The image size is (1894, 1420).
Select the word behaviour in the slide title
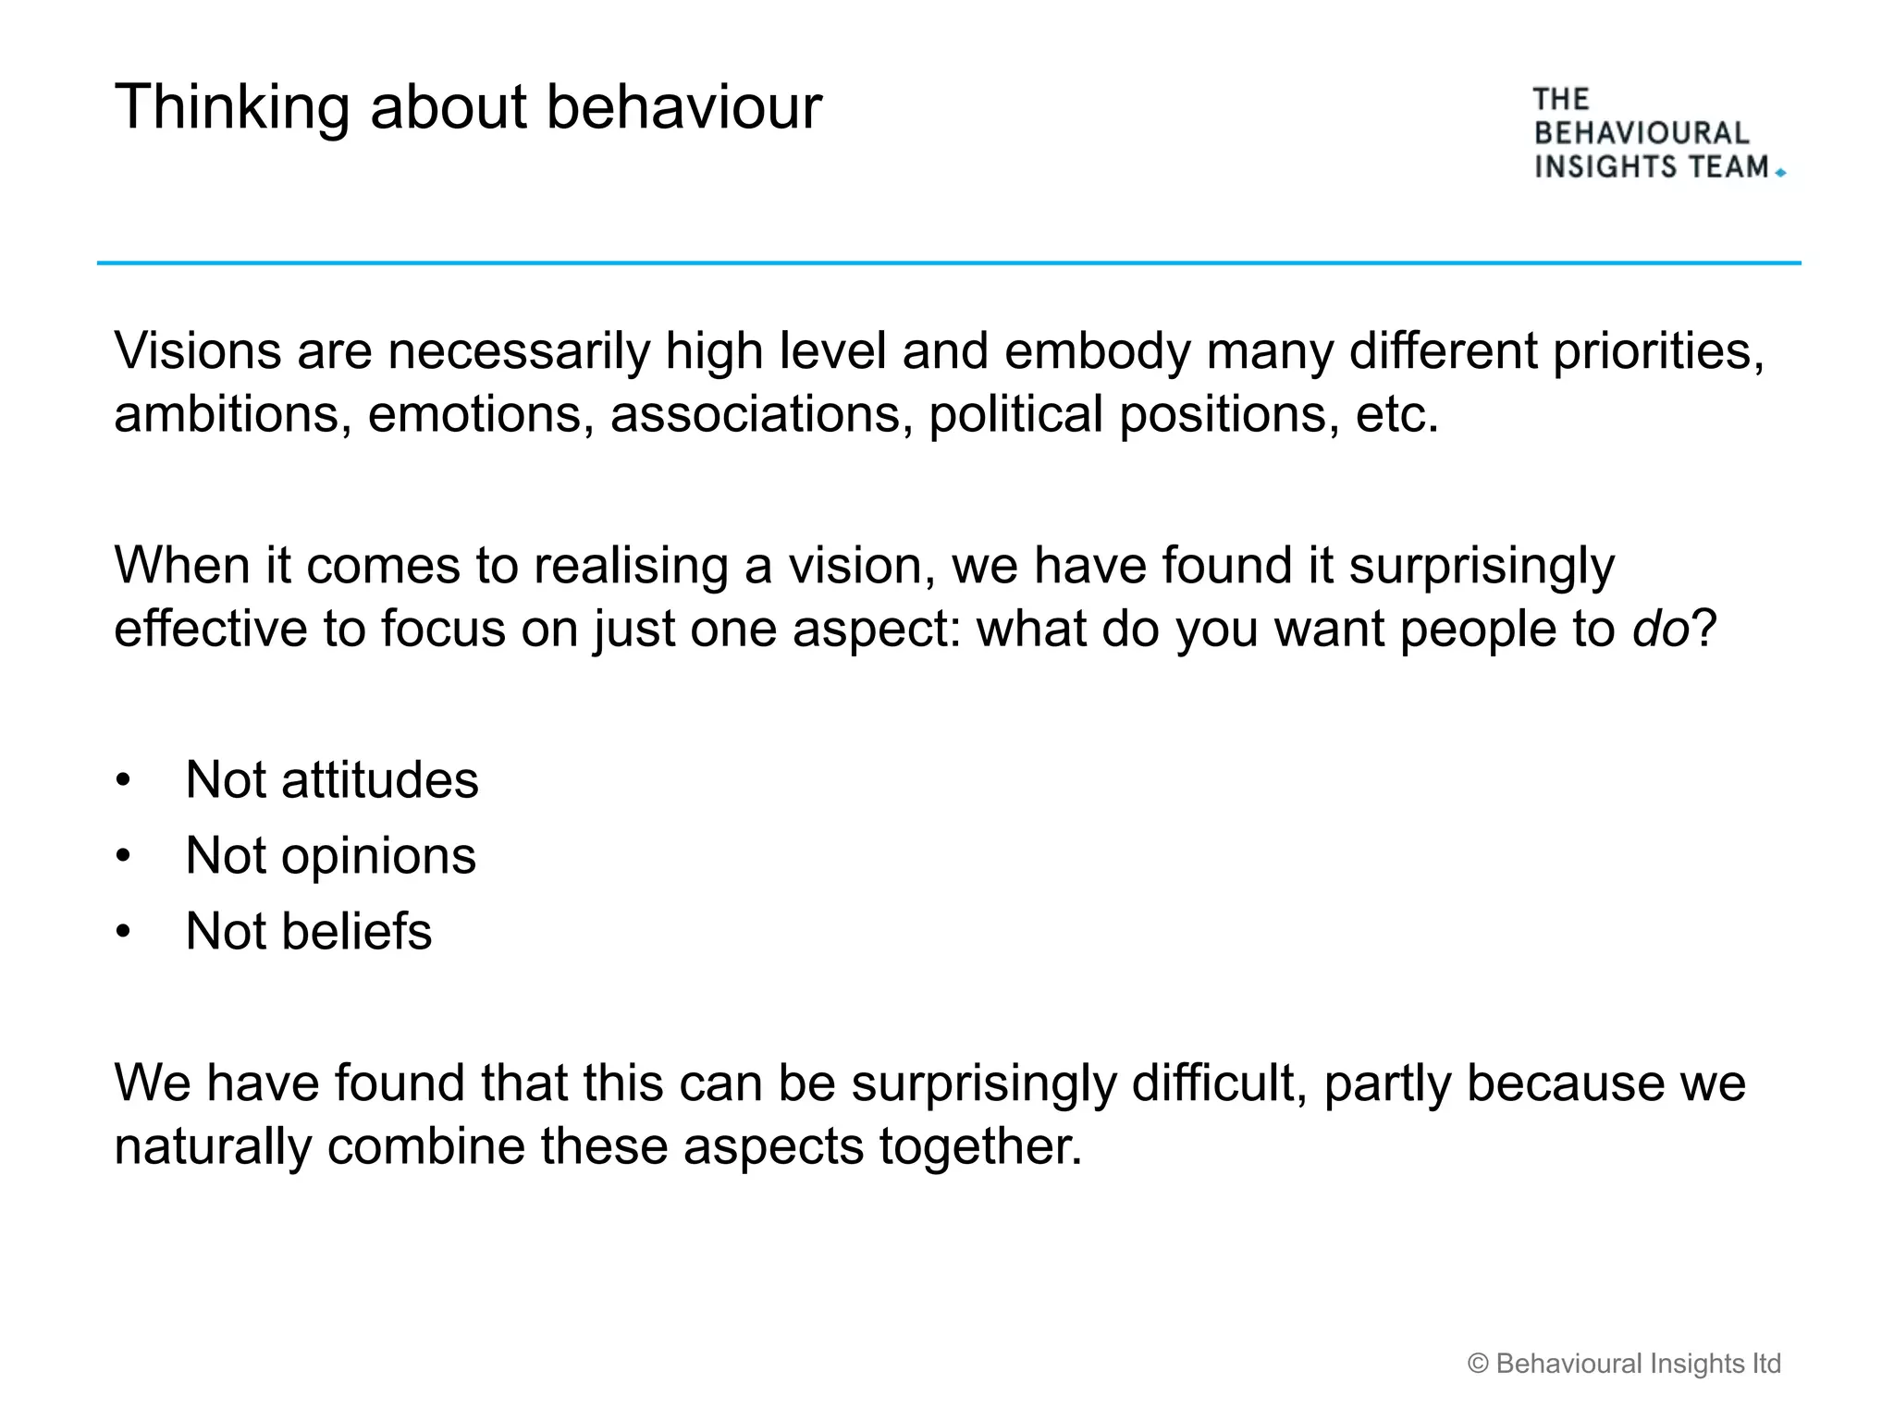683,108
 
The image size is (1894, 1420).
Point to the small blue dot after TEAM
1780,173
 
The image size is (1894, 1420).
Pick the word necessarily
519,352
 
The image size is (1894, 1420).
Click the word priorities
1658,352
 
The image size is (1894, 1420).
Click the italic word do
1660,630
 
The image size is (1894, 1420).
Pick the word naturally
213,1147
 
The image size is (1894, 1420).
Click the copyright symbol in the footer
1478,1365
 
